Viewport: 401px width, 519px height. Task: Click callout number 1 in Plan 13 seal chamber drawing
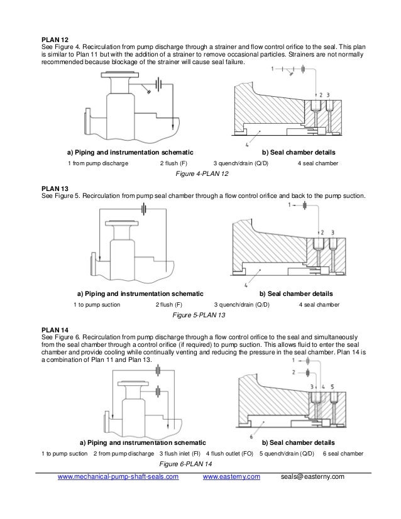coord(288,205)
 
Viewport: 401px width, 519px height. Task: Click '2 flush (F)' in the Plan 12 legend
coord(174,163)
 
